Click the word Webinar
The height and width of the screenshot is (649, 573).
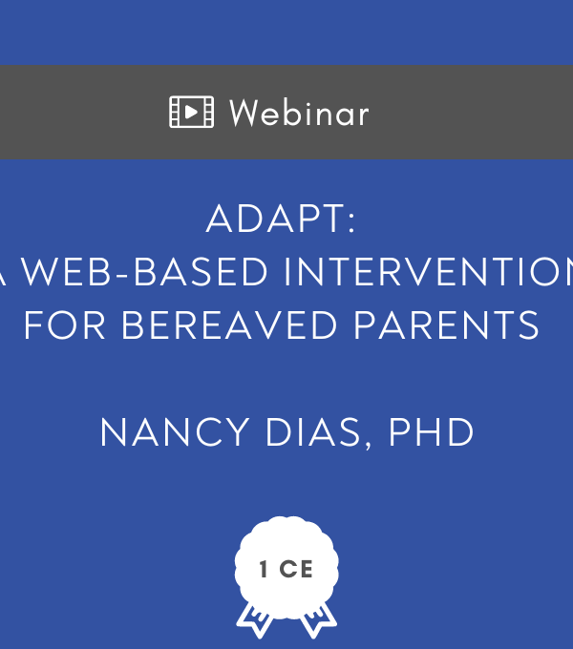point(299,113)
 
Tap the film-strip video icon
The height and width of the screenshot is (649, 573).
point(192,112)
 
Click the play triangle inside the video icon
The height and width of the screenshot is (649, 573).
point(191,112)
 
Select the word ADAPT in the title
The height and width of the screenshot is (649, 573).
point(274,219)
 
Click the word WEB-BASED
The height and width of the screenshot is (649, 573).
point(144,272)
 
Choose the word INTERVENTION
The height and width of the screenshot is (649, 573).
point(429,272)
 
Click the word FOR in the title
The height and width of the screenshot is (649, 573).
point(65,325)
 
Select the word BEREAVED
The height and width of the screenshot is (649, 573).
point(229,325)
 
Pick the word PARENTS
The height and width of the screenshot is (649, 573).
point(447,325)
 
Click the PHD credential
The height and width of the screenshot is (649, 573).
point(431,432)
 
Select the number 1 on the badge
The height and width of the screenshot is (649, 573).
point(264,569)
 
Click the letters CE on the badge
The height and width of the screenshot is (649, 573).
point(296,569)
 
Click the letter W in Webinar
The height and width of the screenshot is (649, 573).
point(244,113)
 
